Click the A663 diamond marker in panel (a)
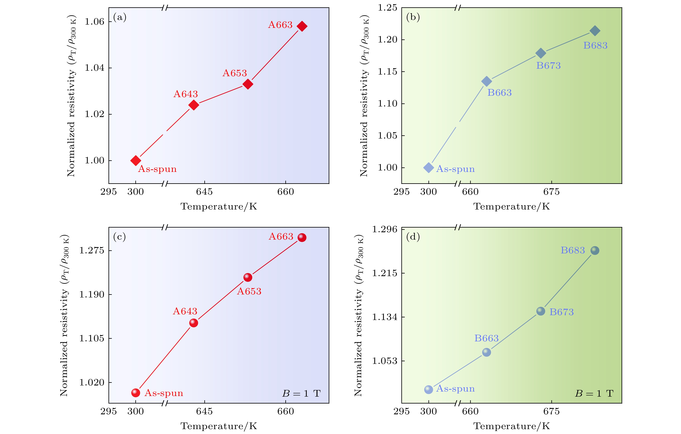click(302, 26)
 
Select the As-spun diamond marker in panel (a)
click(136, 160)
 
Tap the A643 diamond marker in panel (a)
click(194, 105)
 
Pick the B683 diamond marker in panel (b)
click(595, 31)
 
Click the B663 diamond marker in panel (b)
click(486, 81)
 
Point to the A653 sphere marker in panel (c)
click(248, 277)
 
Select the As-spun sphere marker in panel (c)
click(136, 393)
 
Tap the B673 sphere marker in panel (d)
click(541, 311)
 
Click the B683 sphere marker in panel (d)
click(595, 251)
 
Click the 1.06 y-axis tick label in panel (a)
click(94, 22)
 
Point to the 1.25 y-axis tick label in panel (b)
click(388, 8)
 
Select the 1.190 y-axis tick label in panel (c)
click(92, 294)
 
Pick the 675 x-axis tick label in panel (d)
click(552, 411)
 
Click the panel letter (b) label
click(413, 17)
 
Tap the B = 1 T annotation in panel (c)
click(301, 393)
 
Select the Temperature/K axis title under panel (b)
click(512, 206)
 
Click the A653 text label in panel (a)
click(235, 73)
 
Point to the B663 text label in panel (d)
click(486, 338)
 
